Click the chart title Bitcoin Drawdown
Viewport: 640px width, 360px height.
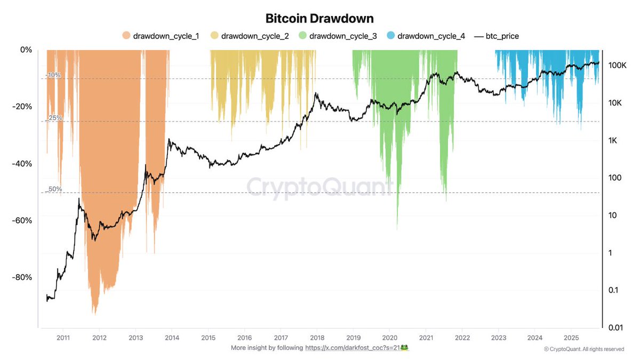[320, 18]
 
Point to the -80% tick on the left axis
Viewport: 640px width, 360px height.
[22, 277]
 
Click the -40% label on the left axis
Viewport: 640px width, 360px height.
[22, 164]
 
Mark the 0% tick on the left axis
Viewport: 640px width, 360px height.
[26, 50]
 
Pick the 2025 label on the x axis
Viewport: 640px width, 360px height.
[571, 338]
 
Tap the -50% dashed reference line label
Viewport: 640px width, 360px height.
[54, 189]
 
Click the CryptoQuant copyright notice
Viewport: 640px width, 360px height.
[584, 349]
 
